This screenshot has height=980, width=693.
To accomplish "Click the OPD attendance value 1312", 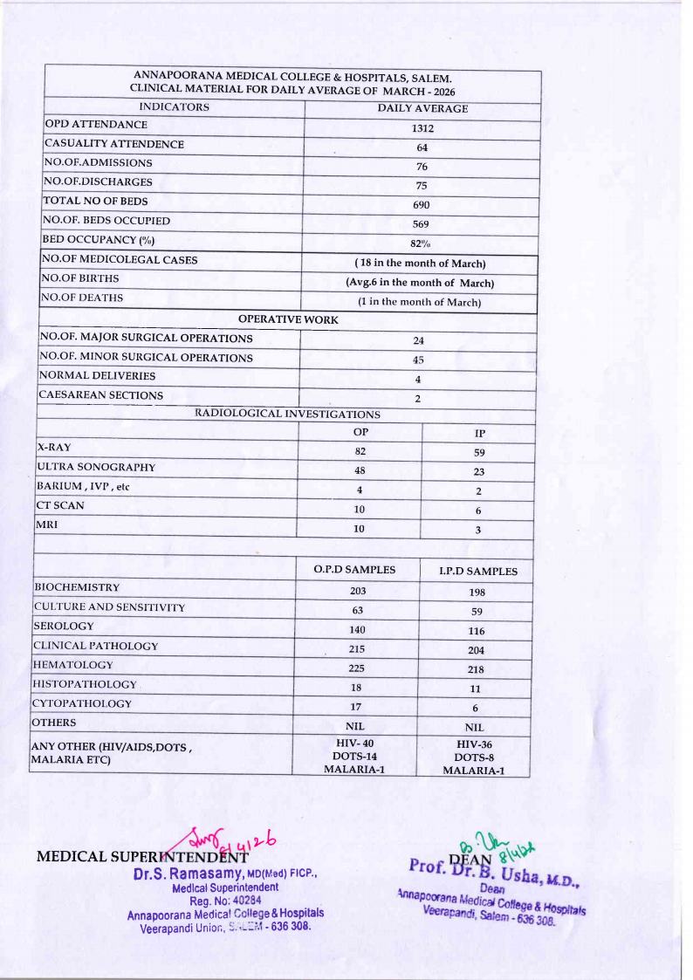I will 422,128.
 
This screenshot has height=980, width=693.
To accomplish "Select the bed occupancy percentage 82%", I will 422,240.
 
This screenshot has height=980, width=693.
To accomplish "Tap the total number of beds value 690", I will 422,203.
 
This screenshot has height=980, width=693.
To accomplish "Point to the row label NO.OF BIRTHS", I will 82,278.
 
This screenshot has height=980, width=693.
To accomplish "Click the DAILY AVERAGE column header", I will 422,108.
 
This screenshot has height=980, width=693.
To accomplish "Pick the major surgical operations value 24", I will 418,339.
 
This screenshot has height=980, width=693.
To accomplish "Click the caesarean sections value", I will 418,397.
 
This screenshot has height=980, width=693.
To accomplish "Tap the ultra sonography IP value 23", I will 478,471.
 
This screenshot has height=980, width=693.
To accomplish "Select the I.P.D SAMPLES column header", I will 477,572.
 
